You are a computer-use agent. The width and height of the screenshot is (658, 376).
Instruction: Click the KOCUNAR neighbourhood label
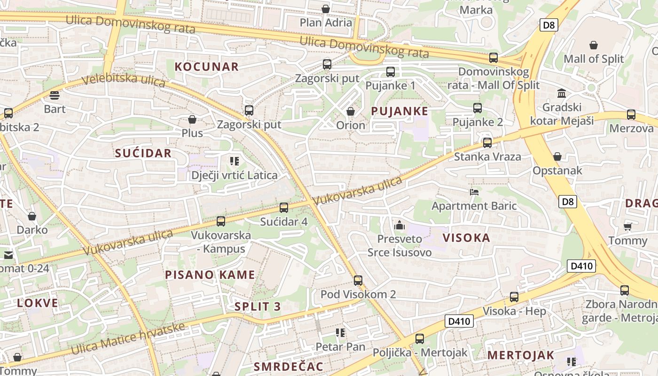tap(207, 67)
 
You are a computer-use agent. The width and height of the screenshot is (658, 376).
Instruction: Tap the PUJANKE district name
tap(399, 111)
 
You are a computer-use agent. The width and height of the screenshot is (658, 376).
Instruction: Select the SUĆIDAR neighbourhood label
tap(143, 153)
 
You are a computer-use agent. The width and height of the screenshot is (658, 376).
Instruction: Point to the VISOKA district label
tap(466, 238)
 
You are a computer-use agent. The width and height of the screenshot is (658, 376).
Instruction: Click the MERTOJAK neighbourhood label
tap(521, 355)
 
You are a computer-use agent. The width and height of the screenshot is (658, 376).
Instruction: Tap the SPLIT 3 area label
tap(258, 307)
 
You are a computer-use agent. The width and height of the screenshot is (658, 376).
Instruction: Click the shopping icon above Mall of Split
tap(594, 45)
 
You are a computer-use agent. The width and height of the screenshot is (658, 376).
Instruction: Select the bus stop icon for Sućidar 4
tap(283, 207)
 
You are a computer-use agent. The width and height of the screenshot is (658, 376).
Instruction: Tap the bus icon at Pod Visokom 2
tap(358, 281)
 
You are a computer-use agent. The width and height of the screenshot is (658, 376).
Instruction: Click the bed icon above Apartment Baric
tap(474, 192)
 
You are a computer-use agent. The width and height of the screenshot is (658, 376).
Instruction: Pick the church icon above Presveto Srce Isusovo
tap(399, 225)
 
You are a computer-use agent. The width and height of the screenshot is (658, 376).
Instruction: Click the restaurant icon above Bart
tap(55, 95)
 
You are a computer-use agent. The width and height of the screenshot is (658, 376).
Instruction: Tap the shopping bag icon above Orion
tap(350, 111)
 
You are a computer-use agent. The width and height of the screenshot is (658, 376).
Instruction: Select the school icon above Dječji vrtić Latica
tap(235, 162)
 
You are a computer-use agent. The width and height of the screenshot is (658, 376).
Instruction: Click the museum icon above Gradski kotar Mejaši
tap(561, 93)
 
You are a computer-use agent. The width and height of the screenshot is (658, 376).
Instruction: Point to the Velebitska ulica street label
tap(124, 80)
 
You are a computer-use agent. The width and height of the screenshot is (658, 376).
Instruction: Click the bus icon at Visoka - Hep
tap(514, 297)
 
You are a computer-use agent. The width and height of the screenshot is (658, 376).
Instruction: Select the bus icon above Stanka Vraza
tap(487, 142)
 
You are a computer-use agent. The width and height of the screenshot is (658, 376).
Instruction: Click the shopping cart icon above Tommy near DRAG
tap(627, 227)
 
